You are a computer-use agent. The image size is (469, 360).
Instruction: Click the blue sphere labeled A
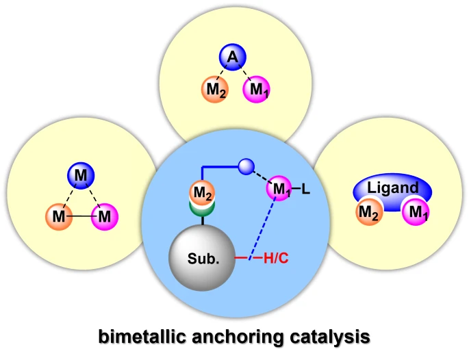[x=232, y=59]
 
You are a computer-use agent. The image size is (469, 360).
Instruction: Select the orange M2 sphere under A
[x=214, y=90]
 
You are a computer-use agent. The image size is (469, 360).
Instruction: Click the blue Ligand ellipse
[x=393, y=188]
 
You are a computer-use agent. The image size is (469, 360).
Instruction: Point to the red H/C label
[x=275, y=259]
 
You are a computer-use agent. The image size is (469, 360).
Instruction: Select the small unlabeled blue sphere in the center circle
[x=246, y=166]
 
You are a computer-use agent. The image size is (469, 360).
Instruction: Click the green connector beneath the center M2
[x=202, y=209]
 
